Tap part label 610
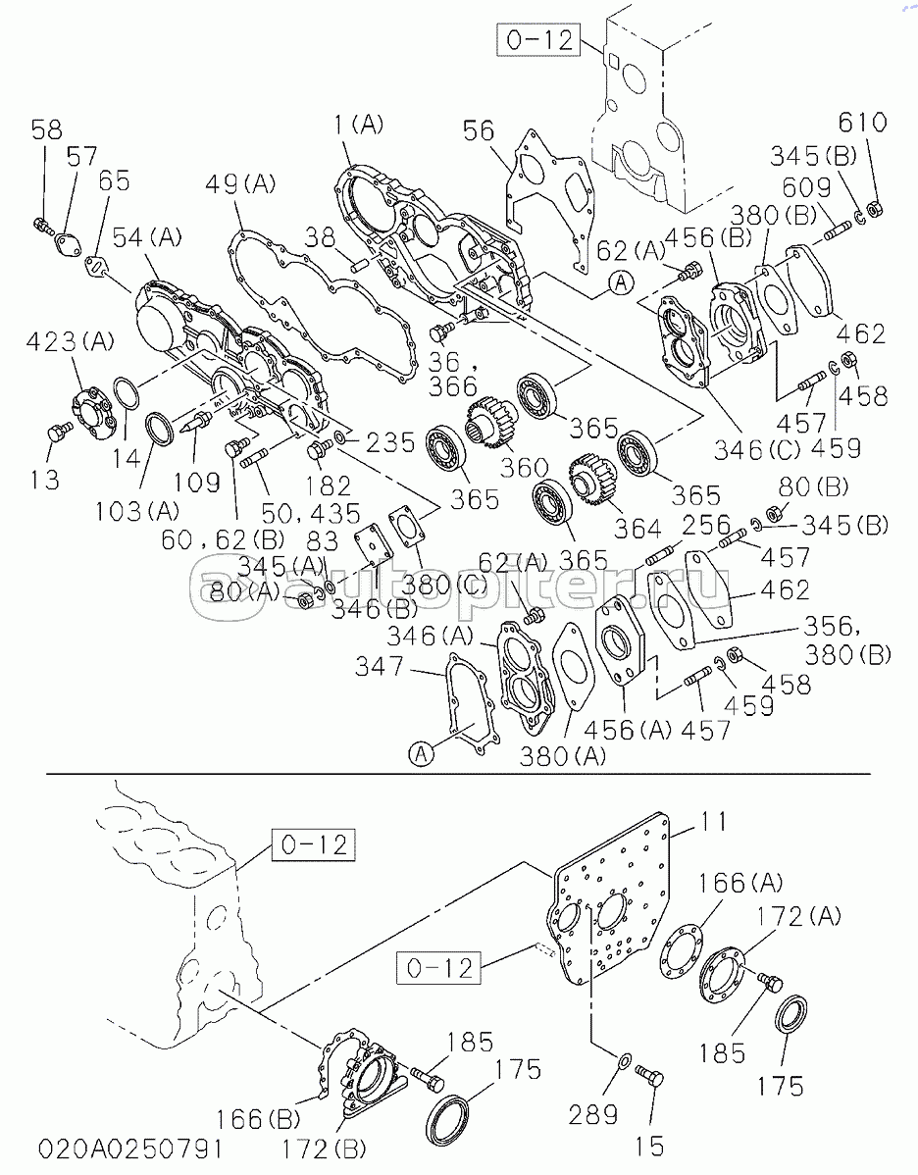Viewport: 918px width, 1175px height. coord(862,124)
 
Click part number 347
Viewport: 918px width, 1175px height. coord(381,668)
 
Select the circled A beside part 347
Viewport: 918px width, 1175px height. coord(420,753)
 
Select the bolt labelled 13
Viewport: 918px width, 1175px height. coord(58,433)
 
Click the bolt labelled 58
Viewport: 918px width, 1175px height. coord(41,225)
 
